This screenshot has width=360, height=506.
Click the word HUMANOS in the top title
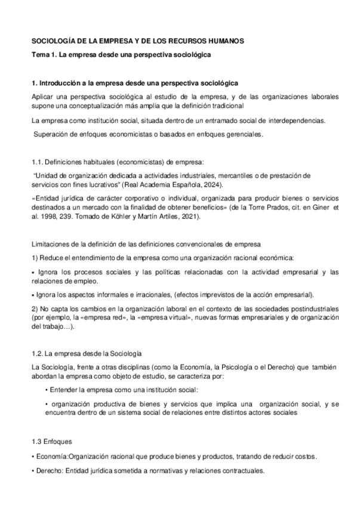pyautogui.click(x=221, y=41)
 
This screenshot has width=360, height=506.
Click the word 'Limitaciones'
pyautogui.click(x=50, y=244)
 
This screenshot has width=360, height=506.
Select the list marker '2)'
pyautogui.click(x=35, y=308)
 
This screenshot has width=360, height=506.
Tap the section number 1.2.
pyautogui.click(x=38, y=354)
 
